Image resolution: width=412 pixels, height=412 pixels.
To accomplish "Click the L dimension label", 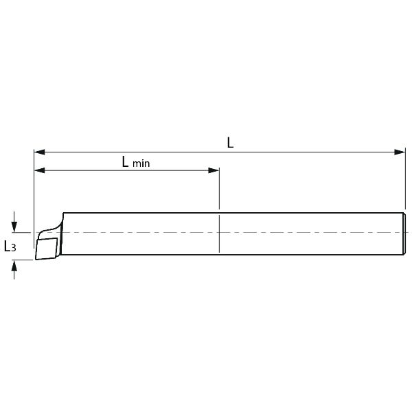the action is click(x=230, y=143).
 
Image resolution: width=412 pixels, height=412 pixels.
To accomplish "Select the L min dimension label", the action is click(x=136, y=162).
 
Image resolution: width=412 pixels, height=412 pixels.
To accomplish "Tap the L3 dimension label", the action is click(x=10, y=247).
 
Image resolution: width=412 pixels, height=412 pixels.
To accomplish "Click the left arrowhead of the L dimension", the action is click(x=39, y=152).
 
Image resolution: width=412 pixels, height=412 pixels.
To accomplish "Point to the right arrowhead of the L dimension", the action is click(x=400, y=152).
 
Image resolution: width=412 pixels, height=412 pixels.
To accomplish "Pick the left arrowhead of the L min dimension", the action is click(x=40, y=170).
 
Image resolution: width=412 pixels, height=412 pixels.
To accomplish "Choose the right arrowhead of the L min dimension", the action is click(x=214, y=170).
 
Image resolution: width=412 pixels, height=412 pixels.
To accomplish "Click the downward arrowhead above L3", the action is click(x=14, y=227).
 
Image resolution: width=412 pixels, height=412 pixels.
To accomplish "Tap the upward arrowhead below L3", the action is click(x=14, y=265).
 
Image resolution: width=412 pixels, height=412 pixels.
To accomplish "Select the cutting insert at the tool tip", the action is click(x=47, y=249).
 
